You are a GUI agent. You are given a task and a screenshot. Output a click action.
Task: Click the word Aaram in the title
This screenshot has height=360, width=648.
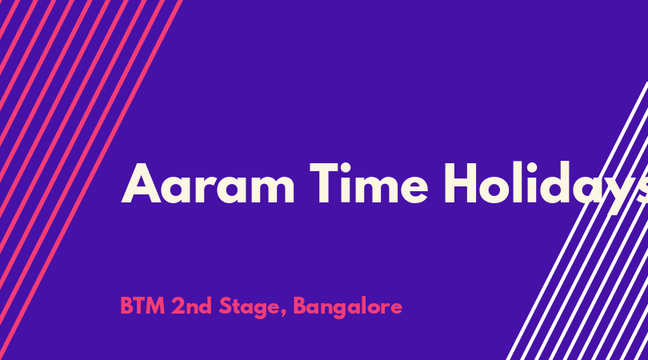pos(208,183)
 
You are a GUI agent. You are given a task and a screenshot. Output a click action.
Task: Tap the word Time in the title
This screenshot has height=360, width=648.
pos(369,183)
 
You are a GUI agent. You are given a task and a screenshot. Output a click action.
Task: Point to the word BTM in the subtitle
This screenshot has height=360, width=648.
pos(142,306)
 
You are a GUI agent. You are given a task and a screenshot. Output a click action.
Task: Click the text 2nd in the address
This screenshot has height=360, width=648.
pos(191,306)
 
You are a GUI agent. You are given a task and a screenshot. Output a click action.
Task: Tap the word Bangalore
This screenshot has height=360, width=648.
pos(347,307)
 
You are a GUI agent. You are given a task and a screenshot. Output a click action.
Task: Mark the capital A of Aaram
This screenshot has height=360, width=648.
pos(141,183)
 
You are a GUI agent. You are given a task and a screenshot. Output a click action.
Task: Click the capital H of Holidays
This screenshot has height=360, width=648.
pos(461,183)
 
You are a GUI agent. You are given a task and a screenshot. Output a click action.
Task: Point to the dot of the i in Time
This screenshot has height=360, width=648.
pos(351,166)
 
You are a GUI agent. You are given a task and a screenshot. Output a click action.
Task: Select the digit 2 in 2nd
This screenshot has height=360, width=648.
pos(178,306)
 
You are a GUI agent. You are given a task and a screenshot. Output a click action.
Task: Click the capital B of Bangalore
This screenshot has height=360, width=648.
pos(300,306)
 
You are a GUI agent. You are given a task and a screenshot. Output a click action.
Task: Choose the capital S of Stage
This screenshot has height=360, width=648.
pos(225,306)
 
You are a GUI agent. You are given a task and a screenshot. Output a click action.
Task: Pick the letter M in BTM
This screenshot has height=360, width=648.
pos(156,306)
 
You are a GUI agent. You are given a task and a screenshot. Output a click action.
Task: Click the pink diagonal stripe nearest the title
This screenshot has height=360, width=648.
pos(91,180)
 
